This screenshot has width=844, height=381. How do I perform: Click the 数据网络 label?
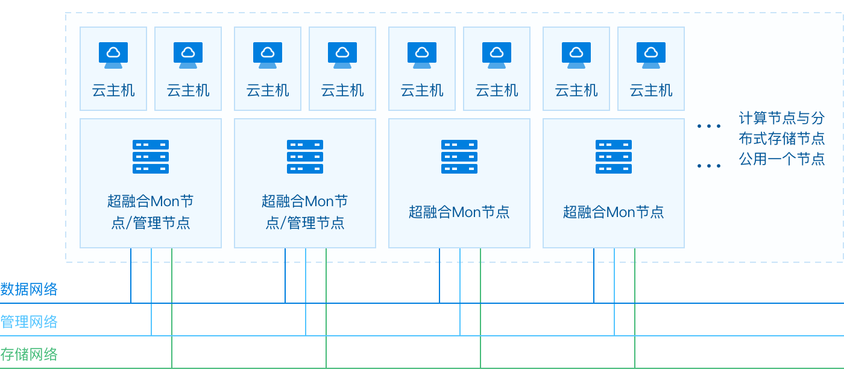click(x=29, y=289)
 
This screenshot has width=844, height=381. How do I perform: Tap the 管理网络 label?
click(x=29, y=322)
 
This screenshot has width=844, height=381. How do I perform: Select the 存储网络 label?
click(x=29, y=354)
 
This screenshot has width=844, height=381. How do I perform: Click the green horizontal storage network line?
click(x=422, y=368)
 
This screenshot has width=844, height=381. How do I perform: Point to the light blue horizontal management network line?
click(x=422, y=335)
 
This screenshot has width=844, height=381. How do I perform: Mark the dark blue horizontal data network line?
click(x=422, y=303)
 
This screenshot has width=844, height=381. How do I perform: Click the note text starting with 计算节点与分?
click(x=782, y=139)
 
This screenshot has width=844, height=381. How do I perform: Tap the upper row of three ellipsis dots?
click(x=709, y=126)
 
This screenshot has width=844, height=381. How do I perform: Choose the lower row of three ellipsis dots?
click(x=709, y=166)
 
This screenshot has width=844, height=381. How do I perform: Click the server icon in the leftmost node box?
click(x=151, y=157)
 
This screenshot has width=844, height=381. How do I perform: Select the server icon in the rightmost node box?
click(x=614, y=157)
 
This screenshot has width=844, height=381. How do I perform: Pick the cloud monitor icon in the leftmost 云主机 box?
click(x=113, y=55)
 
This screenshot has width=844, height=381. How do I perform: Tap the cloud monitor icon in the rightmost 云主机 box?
click(x=651, y=55)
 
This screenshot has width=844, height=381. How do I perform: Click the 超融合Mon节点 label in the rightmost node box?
click(x=614, y=212)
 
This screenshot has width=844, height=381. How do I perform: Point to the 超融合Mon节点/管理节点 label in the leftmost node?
click(x=151, y=212)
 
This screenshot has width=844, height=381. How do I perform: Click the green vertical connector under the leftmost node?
click(x=172, y=308)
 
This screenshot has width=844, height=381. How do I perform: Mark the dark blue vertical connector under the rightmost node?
click(x=594, y=276)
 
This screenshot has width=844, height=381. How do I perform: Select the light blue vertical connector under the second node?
click(x=306, y=292)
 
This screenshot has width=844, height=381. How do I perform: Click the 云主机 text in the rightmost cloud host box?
click(x=651, y=90)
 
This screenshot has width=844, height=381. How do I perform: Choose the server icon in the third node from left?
click(x=459, y=157)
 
